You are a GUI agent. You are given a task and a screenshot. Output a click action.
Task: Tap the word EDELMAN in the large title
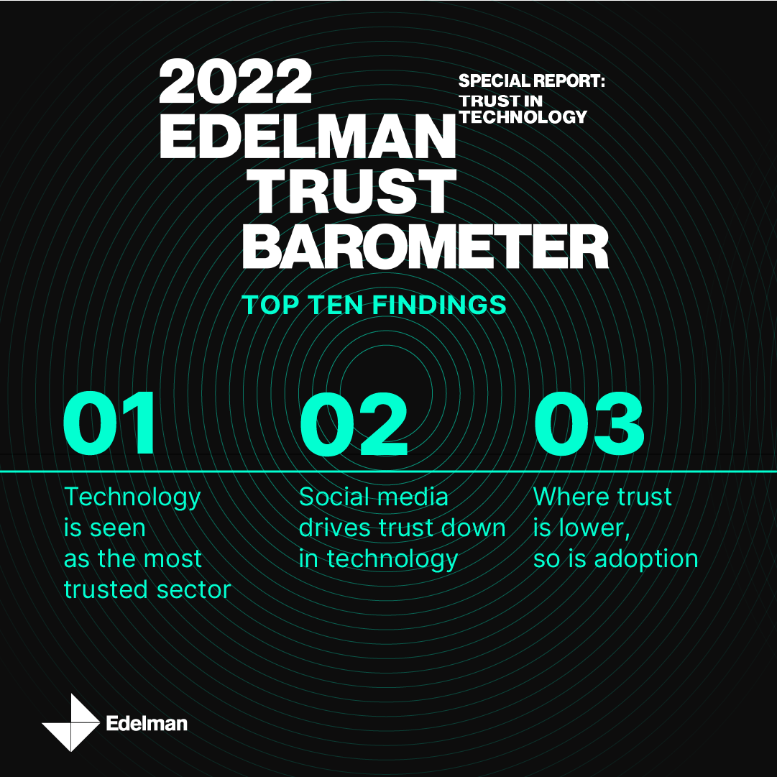coord(307,137)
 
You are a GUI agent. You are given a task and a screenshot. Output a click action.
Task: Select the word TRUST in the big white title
coord(349,191)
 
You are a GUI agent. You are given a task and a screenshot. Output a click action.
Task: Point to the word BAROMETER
coord(426,247)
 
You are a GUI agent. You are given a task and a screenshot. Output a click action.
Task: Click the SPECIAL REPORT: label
coord(532,81)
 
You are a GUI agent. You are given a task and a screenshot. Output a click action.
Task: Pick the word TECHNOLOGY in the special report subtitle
coord(523,117)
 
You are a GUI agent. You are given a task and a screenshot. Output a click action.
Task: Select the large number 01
coord(109,423)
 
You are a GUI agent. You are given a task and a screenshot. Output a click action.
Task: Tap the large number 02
coord(354,423)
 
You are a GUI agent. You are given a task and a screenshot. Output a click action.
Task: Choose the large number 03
coord(589,423)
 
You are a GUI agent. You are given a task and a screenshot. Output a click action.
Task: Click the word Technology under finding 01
coord(132,497)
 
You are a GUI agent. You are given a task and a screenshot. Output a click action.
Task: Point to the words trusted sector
coord(147,589)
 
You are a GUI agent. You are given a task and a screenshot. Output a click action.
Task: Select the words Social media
coord(374,497)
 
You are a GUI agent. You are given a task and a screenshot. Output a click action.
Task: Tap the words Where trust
coord(602,497)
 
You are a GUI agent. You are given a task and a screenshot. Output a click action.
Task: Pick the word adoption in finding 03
coord(646,559)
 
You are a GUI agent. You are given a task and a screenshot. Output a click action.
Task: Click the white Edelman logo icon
coord(71,722)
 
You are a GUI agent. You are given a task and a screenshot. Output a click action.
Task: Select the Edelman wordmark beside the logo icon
coord(147,724)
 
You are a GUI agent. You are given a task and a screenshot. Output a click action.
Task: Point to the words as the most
coord(133,558)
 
